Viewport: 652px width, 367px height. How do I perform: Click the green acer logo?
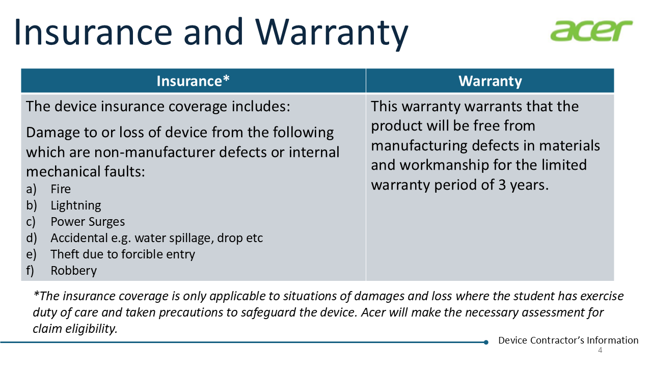(591, 31)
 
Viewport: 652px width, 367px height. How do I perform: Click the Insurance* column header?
(193, 81)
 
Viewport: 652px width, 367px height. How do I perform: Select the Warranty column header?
(490, 81)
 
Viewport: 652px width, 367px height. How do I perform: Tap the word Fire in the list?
(61, 189)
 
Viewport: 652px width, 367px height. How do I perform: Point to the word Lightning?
(76, 205)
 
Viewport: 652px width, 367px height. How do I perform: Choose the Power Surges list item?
(88, 222)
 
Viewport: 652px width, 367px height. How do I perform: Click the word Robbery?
(74, 271)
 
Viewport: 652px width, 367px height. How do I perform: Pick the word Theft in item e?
(62, 254)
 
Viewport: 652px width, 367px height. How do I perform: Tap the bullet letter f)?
(30, 271)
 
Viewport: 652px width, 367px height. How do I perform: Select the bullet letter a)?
(31, 189)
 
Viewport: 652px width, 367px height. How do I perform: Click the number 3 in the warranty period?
(502, 185)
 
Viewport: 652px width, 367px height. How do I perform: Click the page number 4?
(600, 350)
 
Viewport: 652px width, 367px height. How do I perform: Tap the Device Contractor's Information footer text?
(568, 340)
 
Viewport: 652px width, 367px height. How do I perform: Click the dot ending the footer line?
(486, 342)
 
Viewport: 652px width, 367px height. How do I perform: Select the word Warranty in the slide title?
(332, 33)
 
